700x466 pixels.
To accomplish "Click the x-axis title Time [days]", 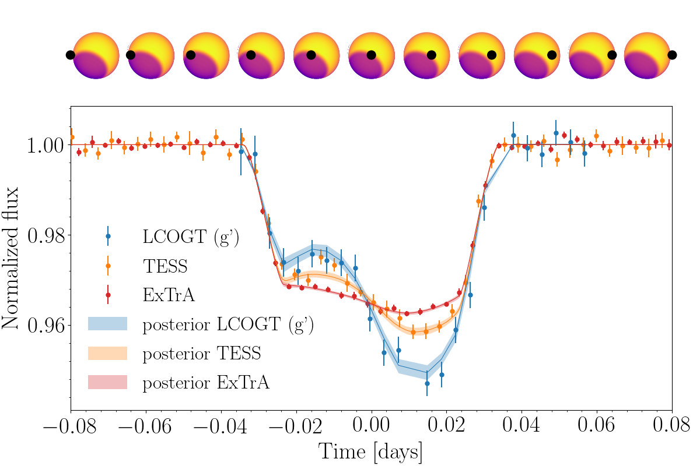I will (371, 451).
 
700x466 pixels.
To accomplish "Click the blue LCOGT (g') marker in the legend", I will (108, 236).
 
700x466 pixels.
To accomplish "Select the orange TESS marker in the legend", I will (108, 266).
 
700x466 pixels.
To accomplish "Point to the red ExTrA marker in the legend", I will (108, 295).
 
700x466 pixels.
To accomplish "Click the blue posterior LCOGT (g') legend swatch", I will (107, 324).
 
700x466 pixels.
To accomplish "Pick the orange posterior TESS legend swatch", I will (107, 353).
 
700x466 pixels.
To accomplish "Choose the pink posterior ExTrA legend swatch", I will (107, 382).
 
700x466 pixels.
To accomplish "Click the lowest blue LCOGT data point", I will (427, 383).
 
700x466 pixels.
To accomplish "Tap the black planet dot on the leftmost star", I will (71, 55).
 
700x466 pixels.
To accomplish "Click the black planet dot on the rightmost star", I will (672, 55).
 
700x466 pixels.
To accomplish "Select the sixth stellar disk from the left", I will (372, 55).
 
